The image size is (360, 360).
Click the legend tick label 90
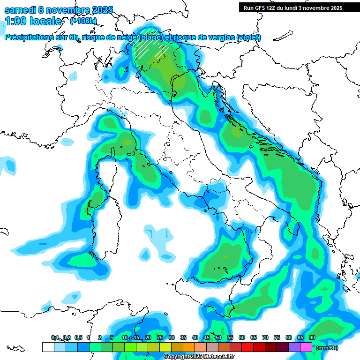pyautogui.click(x=312, y=337)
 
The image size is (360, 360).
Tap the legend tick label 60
pyautogui.click(x=242, y=337)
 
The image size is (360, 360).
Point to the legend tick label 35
pyautogui.click(x=183, y=337)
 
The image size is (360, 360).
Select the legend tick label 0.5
pyautogui.click(x=78, y=337)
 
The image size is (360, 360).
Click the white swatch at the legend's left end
pyautogui.click(x=48, y=347)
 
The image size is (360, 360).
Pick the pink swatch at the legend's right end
pyautogui.click(x=306, y=347)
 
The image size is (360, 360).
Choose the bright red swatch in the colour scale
pyautogui.click(x=247, y=347)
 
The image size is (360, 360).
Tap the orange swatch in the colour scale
pyautogui.click(x=189, y=347)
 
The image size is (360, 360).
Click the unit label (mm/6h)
pyautogui.click(x=327, y=348)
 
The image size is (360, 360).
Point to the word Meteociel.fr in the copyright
pyautogui.click(x=207, y=357)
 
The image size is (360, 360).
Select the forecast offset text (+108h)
pyautogui.click(x=83, y=21)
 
